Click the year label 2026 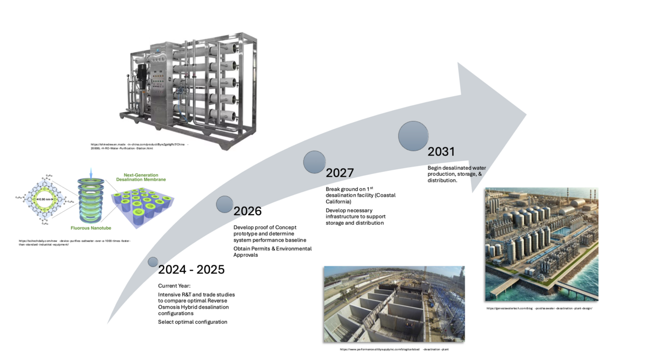click(x=247, y=211)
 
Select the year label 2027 click(x=340, y=173)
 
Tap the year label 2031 click(x=441, y=152)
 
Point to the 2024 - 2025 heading click(x=191, y=269)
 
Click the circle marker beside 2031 click(x=413, y=136)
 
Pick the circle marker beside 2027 click(x=314, y=162)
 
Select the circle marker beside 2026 click(x=224, y=204)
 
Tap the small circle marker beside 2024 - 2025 click(x=154, y=262)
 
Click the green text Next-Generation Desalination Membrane click(x=144, y=177)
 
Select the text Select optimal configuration click(x=193, y=322)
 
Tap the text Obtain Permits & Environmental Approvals click(x=273, y=252)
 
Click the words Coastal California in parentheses click(x=352, y=198)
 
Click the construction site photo click(x=394, y=304)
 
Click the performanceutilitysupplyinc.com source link click(x=394, y=350)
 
